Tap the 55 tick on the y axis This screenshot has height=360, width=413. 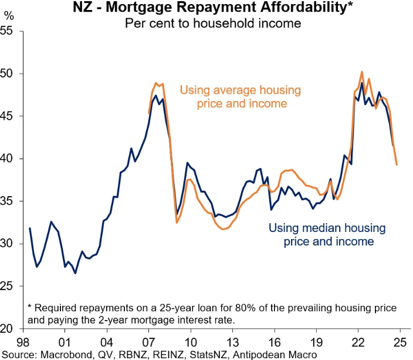click(x=8, y=31)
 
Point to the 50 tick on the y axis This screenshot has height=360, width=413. click(x=8, y=74)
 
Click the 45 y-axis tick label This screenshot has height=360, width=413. click(x=8, y=116)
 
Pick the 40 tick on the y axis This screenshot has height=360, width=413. click(x=8, y=159)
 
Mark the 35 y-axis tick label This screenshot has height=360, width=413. click(x=8, y=201)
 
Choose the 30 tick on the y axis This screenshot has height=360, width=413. click(x=8, y=244)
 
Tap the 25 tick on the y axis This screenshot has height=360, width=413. click(x=8, y=286)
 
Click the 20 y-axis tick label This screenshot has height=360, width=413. click(x=8, y=329)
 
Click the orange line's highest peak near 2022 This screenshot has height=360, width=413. click(x=362, y=72)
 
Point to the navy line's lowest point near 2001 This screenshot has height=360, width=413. click(x=75, y=273)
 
